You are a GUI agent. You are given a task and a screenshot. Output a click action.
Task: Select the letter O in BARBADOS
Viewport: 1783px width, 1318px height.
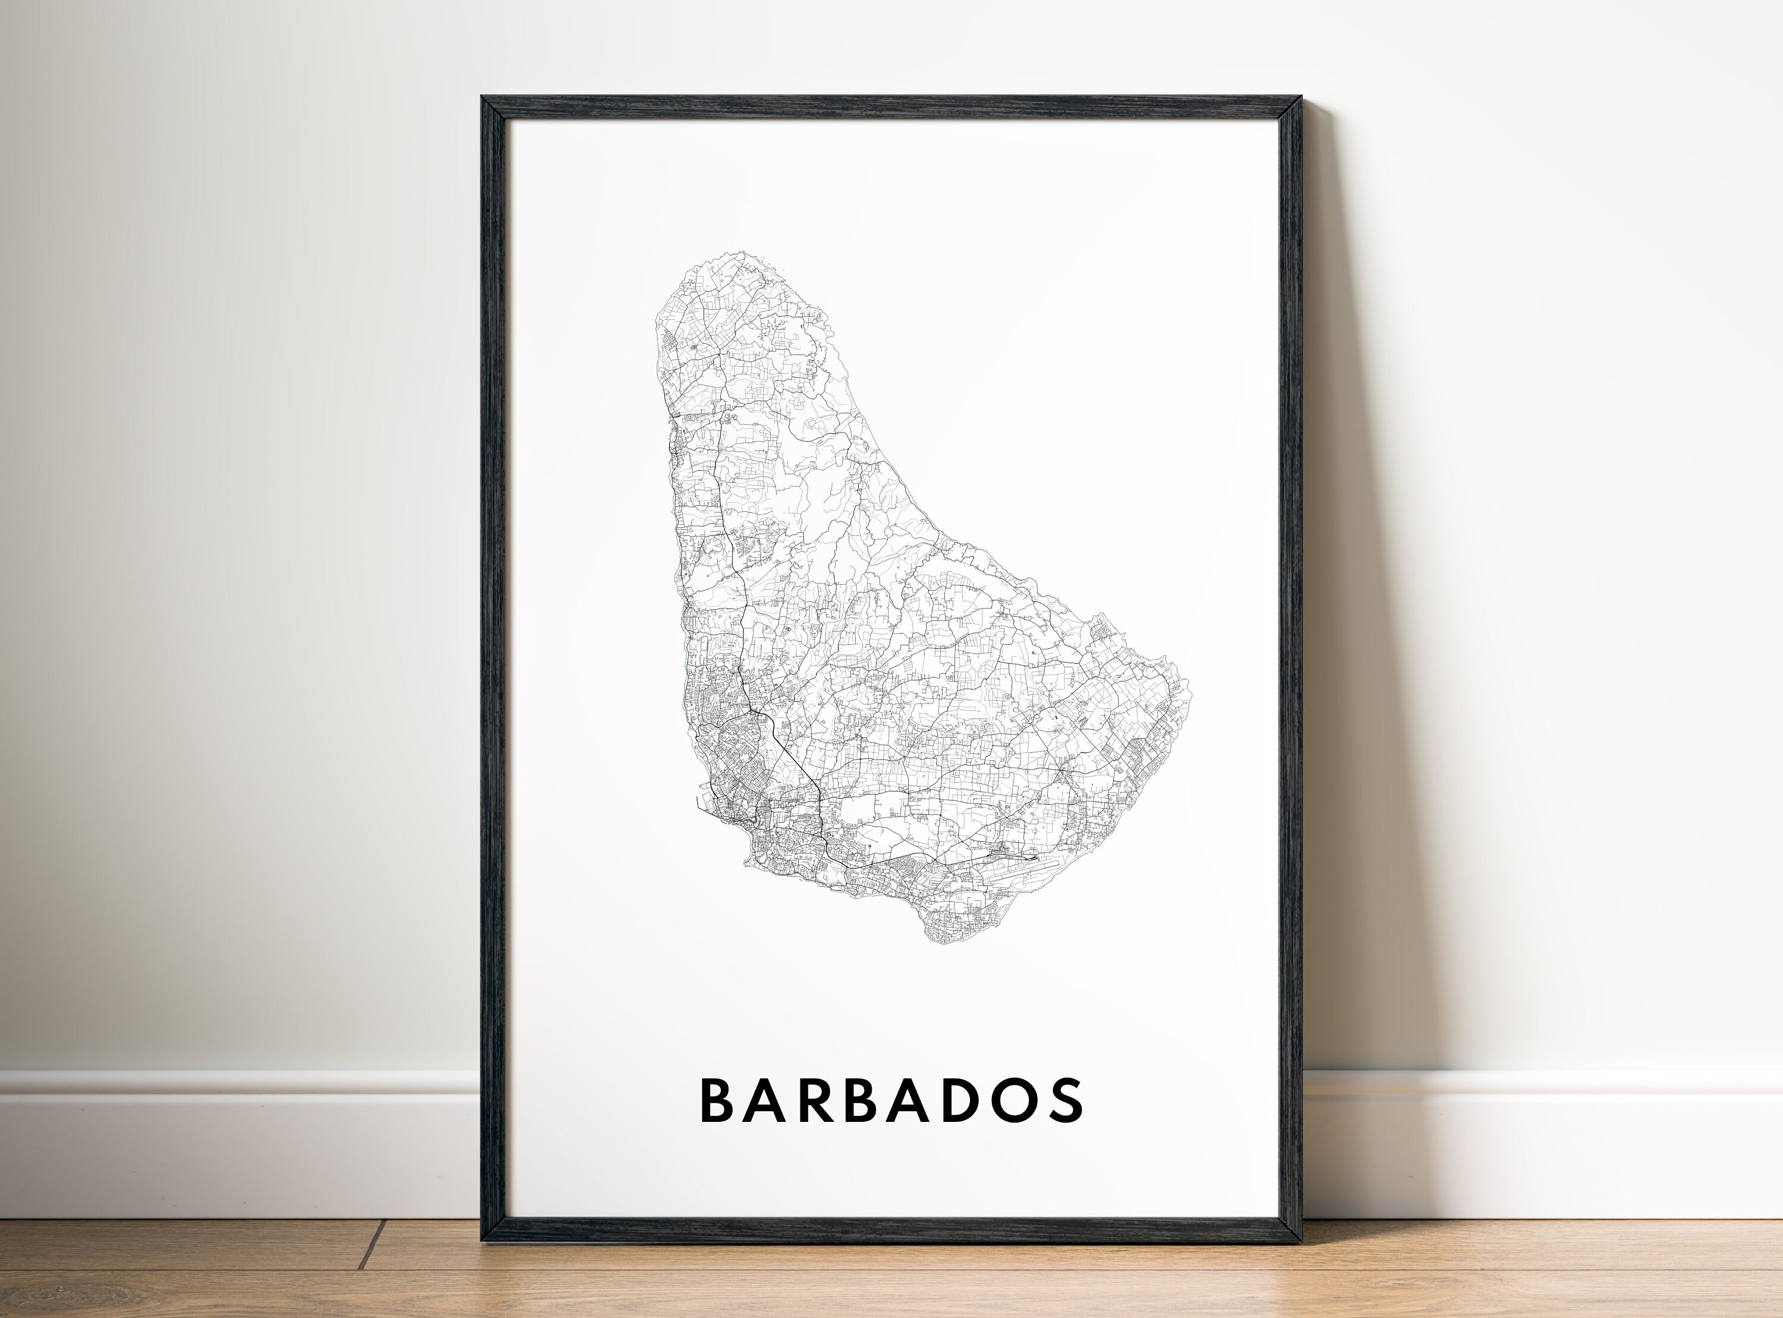[1013, 1101]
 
